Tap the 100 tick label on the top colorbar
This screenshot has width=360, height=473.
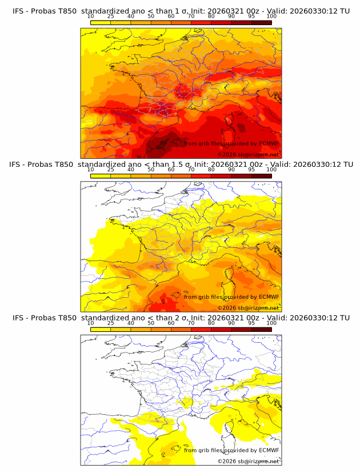tap(271, 16)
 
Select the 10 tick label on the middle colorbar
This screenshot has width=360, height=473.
tap(91, 170)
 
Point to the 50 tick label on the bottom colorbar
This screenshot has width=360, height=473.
tap(151, 323)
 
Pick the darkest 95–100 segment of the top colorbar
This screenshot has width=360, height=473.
tap(262, 22)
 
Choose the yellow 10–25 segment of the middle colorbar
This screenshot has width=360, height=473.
tap(101, 175)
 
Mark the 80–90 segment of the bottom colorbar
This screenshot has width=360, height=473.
tap(221, 330)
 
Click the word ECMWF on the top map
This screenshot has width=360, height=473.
tap(269, 143)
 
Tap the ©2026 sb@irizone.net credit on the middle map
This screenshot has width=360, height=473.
tap(248, 308)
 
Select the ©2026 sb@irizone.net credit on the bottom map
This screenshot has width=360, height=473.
tap(248, 462)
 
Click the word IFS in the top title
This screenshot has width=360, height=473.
tap(19, 11)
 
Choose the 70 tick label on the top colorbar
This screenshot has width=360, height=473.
tap(191, 16)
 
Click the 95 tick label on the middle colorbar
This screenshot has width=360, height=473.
tap(251, 170)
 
